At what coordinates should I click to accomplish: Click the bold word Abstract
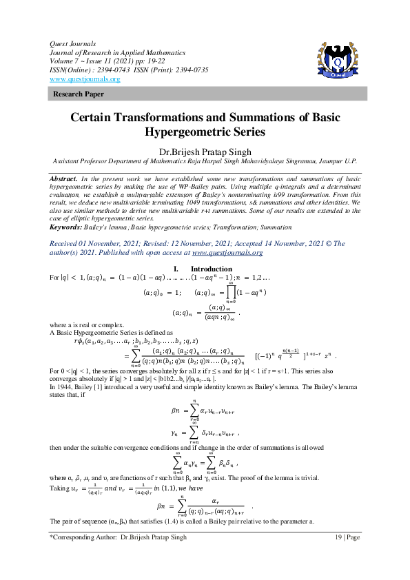pyautogui.click(x=63, y=178)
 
